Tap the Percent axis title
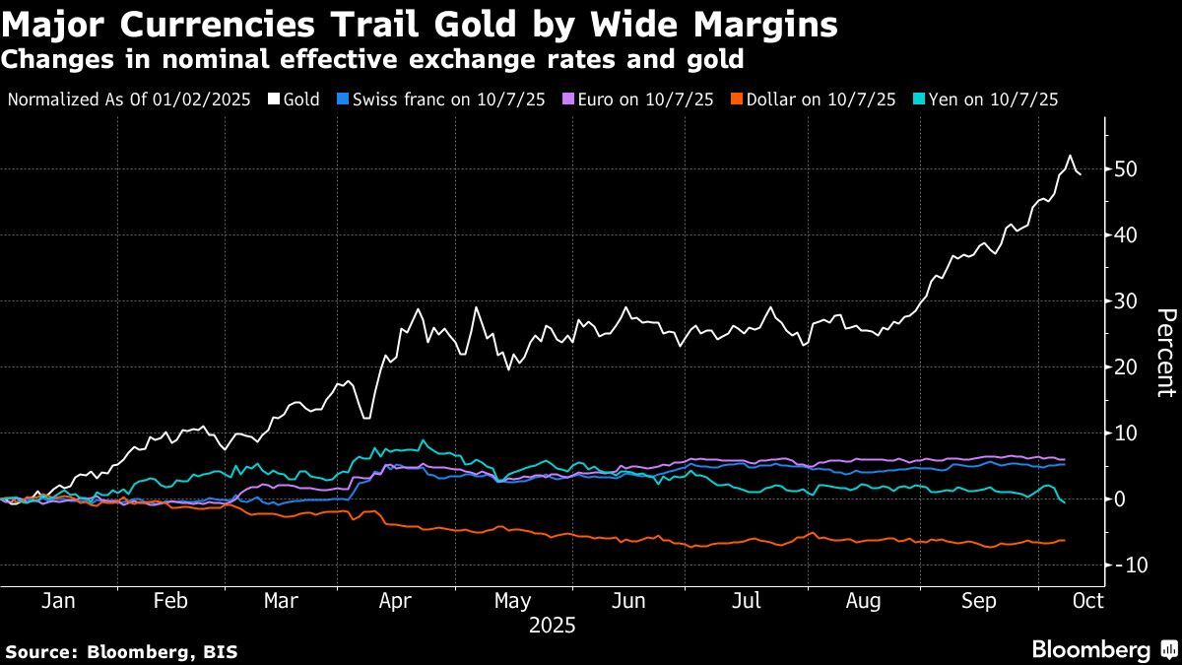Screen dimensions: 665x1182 [x=1164, y=352]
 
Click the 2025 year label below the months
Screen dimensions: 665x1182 [x=552, y=626]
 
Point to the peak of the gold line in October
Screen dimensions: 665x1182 [x=1070, y=156]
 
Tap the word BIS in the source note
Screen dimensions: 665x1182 [x=219, y=652]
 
